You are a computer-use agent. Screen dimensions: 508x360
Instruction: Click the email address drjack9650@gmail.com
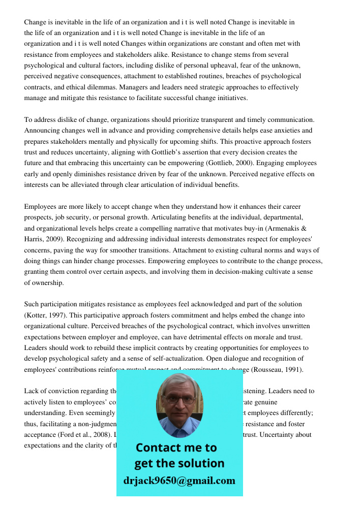(x=179, y=481)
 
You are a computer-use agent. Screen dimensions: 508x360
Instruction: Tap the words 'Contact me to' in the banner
(x=176, y=448)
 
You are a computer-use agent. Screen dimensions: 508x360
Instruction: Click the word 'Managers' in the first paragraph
(x=148, y=87)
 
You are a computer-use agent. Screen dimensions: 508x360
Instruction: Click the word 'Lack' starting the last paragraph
(x=32, y=391)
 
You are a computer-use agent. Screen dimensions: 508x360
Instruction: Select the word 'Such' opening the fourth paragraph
(x=32, y=304)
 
